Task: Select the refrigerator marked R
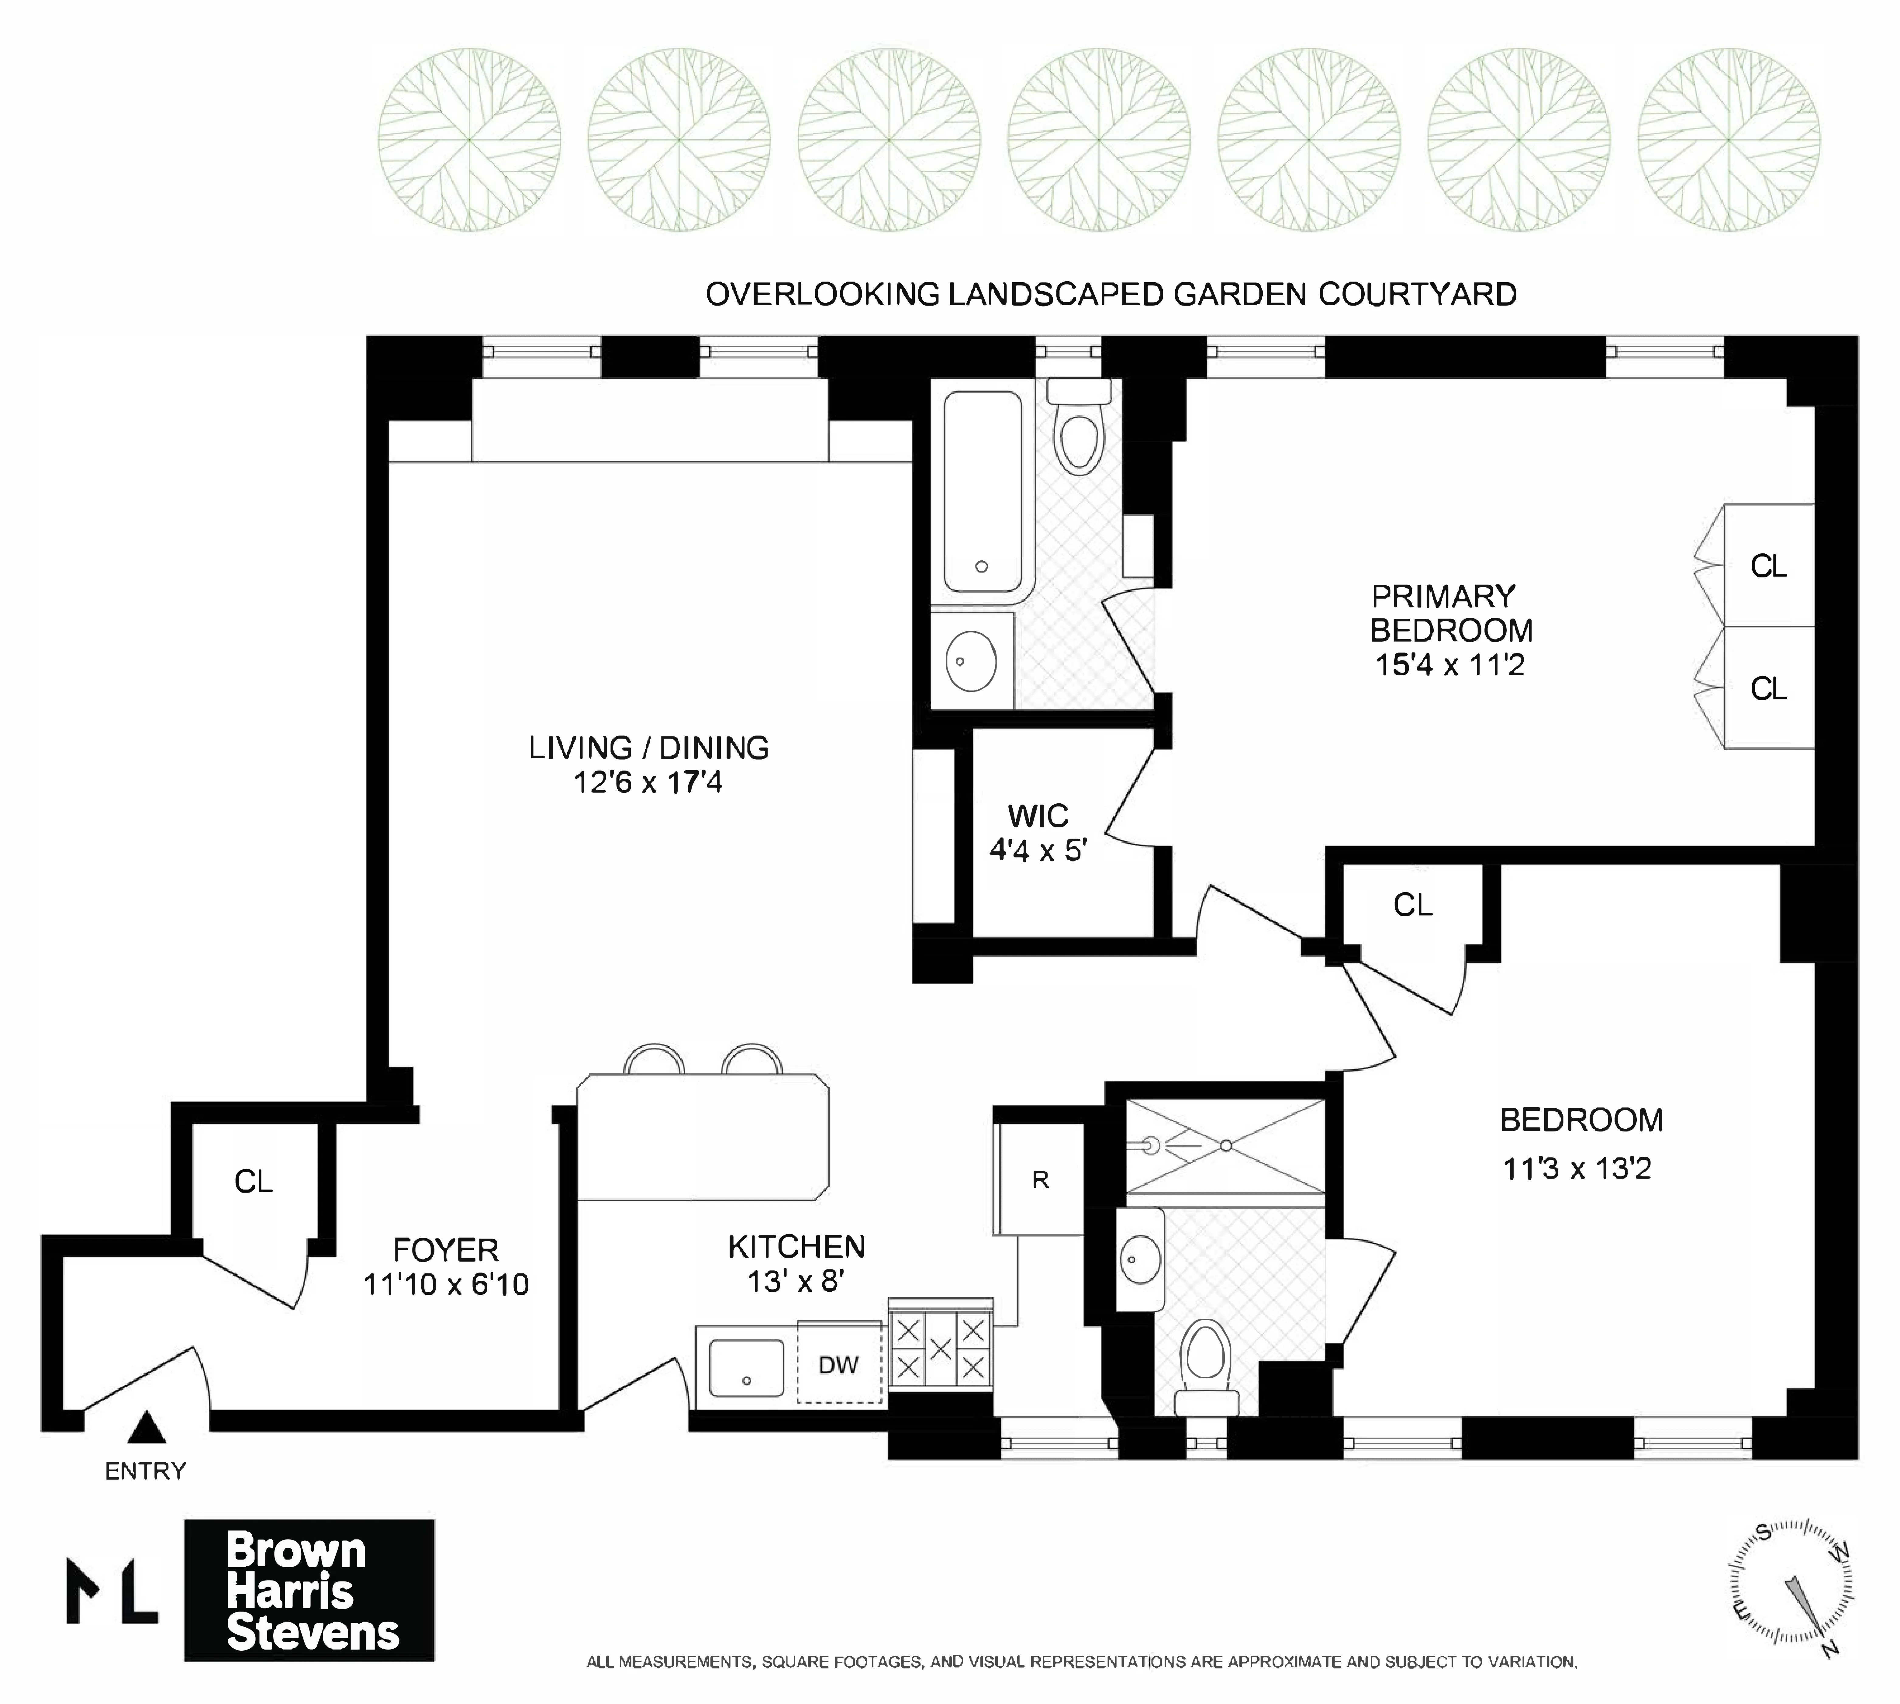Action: tap(1040, 1180)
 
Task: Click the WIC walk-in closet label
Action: tap(1038, 816)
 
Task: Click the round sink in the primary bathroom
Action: tap(971, 660)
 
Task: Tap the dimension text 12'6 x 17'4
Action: tap(648, 782)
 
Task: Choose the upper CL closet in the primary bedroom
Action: tap(1768, 566)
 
